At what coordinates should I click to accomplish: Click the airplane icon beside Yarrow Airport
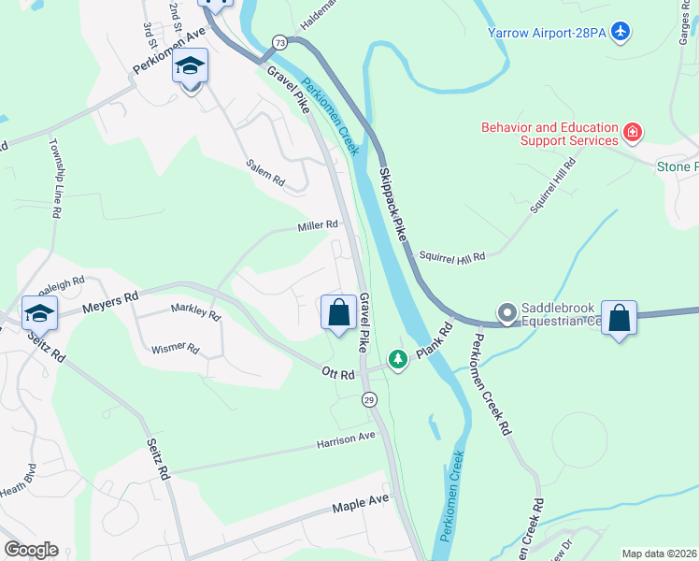click(621, 33)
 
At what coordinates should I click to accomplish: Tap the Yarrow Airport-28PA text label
click(548, 34)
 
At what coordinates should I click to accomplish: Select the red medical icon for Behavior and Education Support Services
click(633, 133)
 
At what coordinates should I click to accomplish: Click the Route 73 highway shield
click(279, 42)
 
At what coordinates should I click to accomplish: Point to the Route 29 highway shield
click(370, 399)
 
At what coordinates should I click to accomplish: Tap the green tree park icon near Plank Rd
click(398, 359)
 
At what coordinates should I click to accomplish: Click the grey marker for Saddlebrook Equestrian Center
click(507, 312)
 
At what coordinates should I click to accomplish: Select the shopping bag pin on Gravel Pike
click(338, 312)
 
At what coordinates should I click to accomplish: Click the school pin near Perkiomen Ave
click(191, 67)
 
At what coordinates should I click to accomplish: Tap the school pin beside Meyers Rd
click(40, 313)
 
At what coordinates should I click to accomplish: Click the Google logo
click(31, 550)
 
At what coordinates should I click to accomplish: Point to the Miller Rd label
click(317, 225)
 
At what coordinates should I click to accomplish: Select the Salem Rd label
click(264, 171)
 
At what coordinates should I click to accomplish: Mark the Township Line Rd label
click(56, 181)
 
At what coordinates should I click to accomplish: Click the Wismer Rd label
click(176, 349)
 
